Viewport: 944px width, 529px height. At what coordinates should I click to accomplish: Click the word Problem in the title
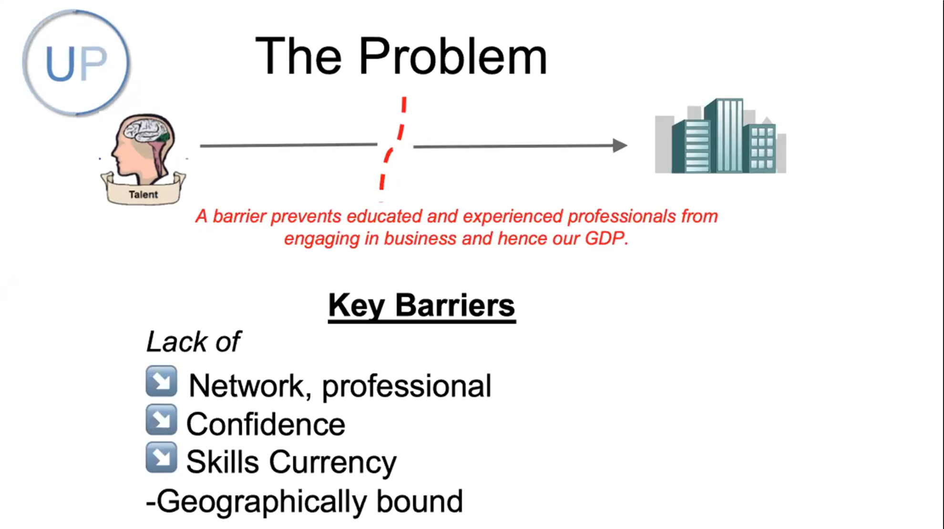tap(452, 56)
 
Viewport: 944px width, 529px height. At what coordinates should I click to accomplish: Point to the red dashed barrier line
tap(392, 149)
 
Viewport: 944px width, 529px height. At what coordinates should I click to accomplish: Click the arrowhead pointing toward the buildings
tap(620, 145)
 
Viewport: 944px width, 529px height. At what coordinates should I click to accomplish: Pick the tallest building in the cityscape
tap(724, 135)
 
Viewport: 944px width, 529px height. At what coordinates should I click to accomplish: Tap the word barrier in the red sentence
tap(239, 216)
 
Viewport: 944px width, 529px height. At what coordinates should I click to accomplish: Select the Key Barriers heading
tap(421, 305)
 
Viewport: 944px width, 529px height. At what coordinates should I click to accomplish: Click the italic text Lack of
tap(193, 342)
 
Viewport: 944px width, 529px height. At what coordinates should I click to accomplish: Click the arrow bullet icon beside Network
tap(162, 381)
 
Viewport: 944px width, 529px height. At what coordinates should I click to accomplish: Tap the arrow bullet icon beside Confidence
tap(162, 420)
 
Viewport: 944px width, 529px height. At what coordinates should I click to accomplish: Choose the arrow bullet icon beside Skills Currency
tap(162, 458)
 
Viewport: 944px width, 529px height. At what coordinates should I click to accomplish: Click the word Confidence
tap(266, 424)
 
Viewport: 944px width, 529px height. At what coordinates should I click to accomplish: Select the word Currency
tap(333, 462)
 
